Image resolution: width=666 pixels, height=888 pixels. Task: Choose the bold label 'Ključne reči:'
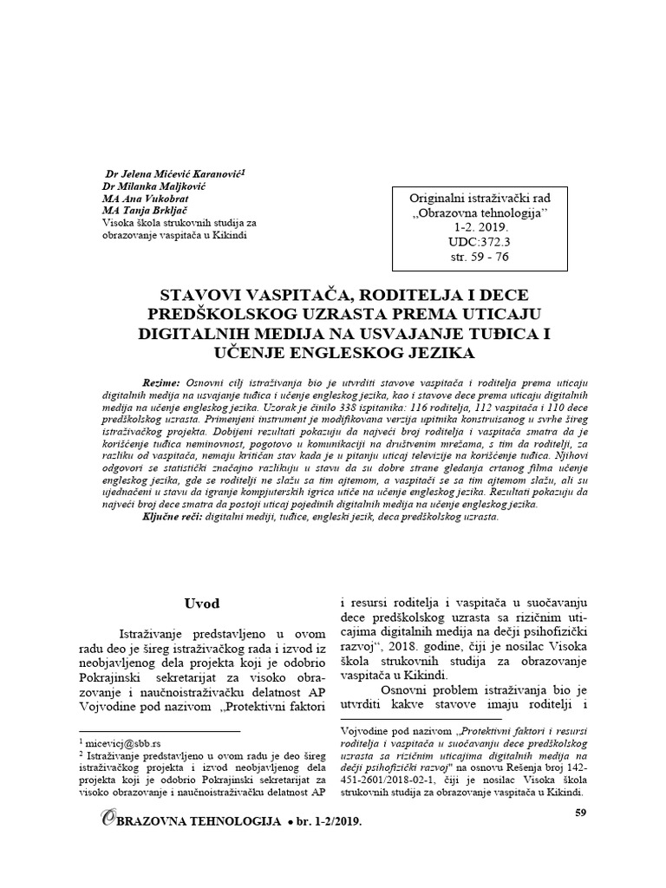click(170, 516)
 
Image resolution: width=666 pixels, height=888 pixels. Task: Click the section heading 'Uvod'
click(203, 603)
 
